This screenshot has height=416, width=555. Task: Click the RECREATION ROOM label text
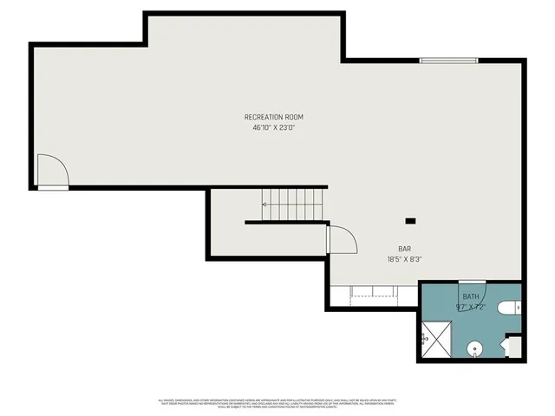click(x=273, y=117)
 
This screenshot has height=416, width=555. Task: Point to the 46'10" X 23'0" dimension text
click(x=273, y=127)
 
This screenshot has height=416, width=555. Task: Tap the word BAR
click(x=404, y=248)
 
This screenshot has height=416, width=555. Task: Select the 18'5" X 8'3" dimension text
click(x=404, y=258)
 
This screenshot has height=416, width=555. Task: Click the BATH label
click(x=470, y=296)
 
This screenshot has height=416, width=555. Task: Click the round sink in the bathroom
click(x=474, y=349)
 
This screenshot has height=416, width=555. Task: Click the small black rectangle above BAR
click(x=410, y=221)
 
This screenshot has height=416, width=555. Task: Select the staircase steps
click(x=295, y=205)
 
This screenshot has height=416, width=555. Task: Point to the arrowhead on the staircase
click(x=264, y=205)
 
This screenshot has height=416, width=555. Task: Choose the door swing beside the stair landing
click(x=342, y=238)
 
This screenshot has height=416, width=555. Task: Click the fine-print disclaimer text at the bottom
click(x=277, y=403)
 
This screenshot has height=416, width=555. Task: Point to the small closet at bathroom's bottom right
click(x=513, y=347)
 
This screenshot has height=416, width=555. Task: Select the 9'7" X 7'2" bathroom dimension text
click(x=470, y=307)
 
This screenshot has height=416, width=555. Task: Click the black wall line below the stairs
click(x=286, y=223)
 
